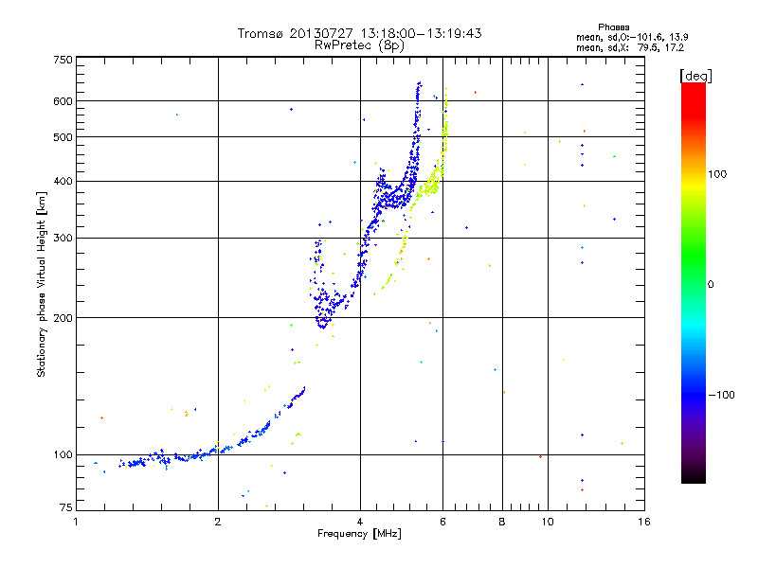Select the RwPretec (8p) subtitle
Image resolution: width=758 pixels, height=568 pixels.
tap(360, 44)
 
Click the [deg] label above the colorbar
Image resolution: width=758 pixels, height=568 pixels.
tap(695, 75)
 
